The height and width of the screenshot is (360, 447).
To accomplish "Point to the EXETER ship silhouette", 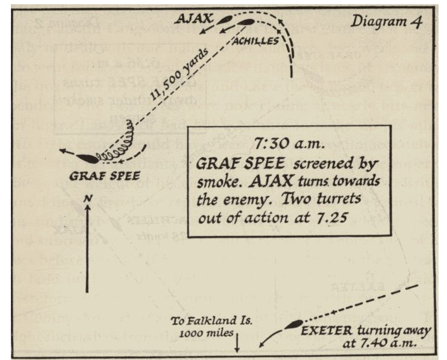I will [294, 326].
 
